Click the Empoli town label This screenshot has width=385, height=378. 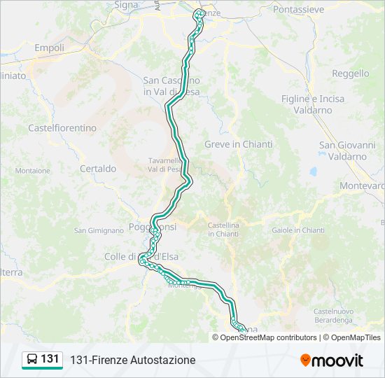[49, 48]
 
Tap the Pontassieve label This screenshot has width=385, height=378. [298, 10]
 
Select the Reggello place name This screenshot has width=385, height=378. [350, 73]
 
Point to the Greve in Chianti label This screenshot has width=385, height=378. [238, 144]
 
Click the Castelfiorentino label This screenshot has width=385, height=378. [62, 128]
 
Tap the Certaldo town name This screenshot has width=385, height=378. [98, 169]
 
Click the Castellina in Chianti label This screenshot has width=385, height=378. [223, 230]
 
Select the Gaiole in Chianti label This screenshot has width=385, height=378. [298, 230]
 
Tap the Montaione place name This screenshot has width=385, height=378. [33, 171]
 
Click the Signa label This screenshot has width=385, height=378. [127, 5]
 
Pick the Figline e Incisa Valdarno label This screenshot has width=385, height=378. [313, 104]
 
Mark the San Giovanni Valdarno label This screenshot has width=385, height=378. [347, 150]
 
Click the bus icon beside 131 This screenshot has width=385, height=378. [32, 360]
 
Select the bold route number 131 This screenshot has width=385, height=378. [50, 359]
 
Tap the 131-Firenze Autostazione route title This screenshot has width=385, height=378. [132, 360]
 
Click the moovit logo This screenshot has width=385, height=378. [332, 360]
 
